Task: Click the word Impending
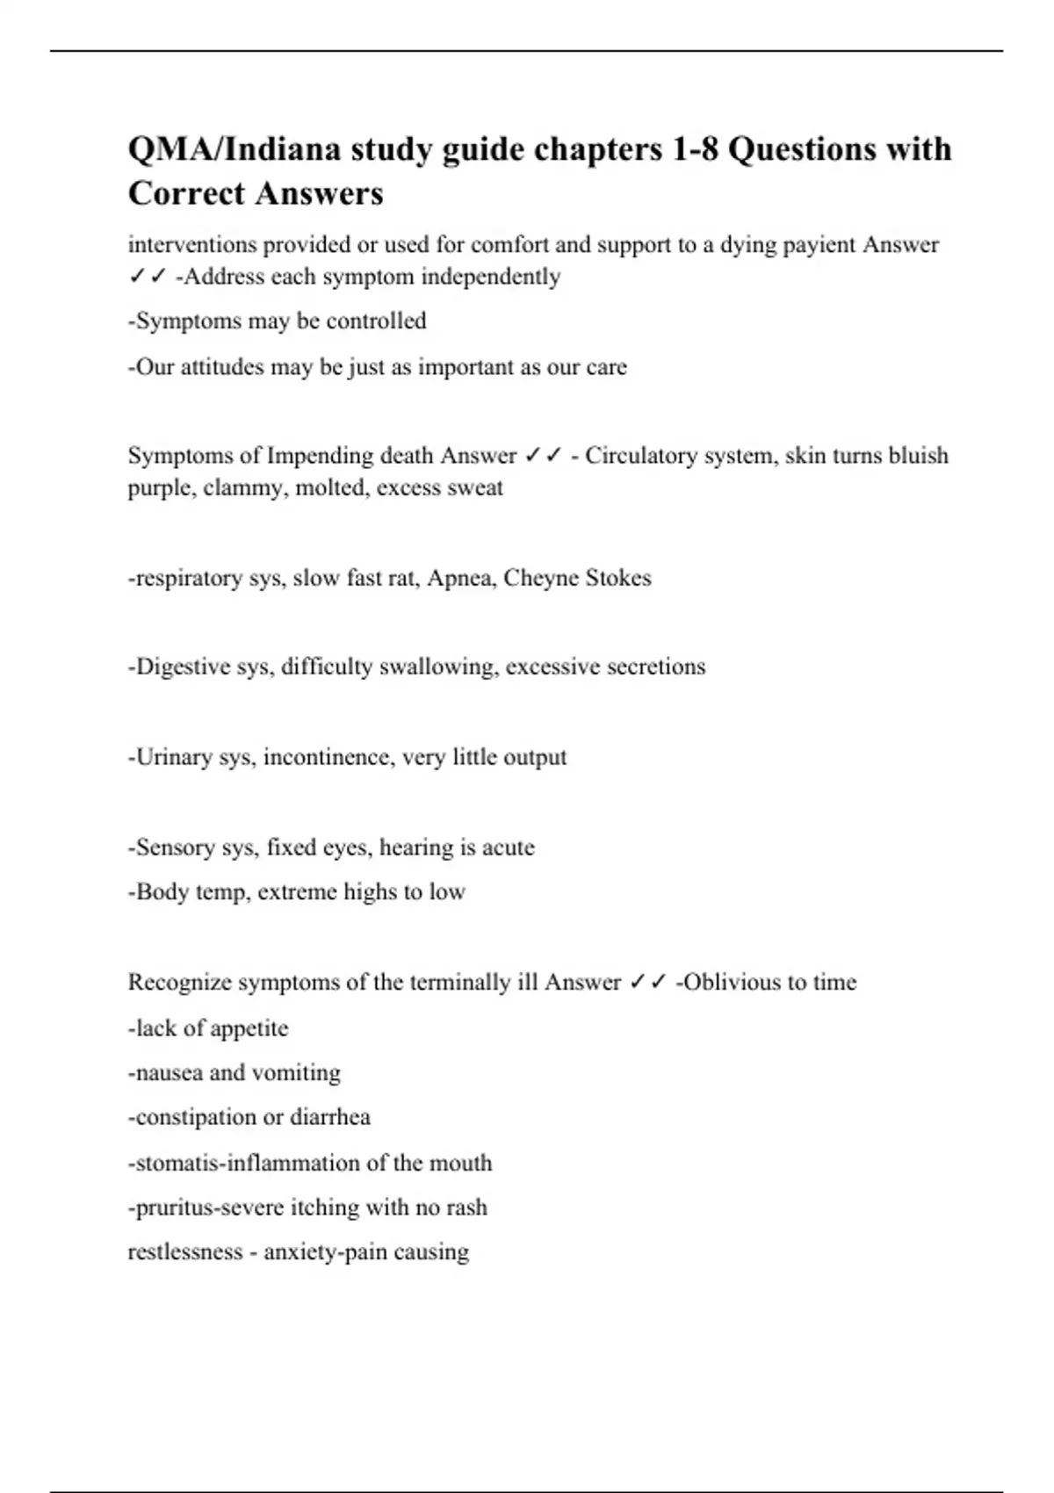(x=320, y=456)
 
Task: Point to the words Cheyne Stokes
(x=578, y=578)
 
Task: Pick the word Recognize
(x=179, y=982)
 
